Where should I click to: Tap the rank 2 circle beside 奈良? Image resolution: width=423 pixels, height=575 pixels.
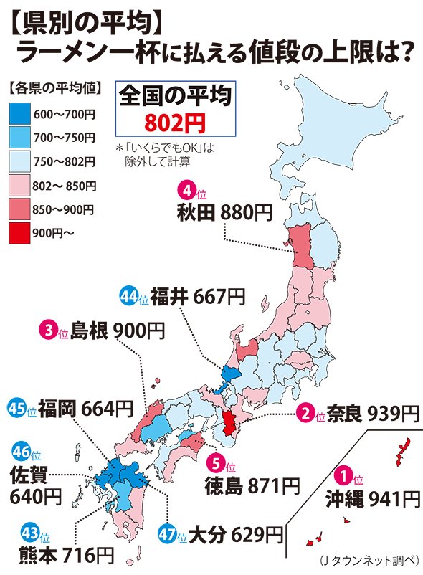(x=306, y=413)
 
